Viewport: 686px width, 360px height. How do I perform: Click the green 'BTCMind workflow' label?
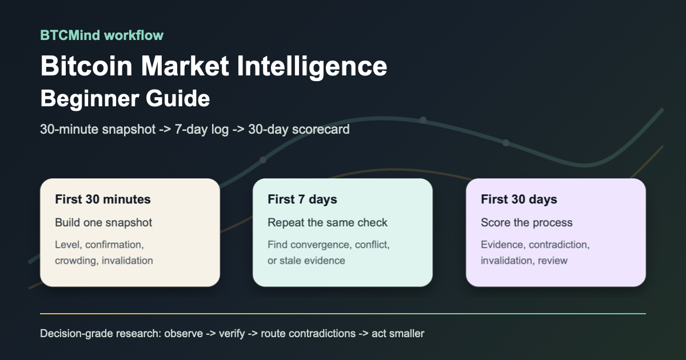point(102,35)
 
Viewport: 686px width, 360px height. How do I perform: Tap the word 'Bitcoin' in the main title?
point(86,66)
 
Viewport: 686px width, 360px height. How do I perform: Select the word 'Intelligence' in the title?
point(312,67)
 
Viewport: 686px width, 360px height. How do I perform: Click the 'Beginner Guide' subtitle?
point(125,98)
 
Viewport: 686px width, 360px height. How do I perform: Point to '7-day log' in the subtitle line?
point(201,129)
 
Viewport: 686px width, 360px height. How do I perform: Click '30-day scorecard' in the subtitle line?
point(299,129)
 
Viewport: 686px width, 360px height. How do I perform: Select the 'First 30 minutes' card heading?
point(103,199)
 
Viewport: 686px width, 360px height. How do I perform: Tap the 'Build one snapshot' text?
point(103,222)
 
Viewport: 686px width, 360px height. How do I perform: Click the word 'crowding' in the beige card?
point(77,261)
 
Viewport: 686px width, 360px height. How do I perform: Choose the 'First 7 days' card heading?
point(302,199)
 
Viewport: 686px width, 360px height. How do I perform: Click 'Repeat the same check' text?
point(328,222)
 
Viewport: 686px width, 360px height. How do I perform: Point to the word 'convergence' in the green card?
point(321,245)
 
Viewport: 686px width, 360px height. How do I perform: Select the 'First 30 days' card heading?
point(519,199)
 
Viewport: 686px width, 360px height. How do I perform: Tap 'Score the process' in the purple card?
point(527,222)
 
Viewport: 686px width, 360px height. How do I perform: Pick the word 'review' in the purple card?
point(553,261)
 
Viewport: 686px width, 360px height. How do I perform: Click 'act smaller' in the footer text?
point(398,333)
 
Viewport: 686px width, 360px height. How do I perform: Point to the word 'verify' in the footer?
point(232,334)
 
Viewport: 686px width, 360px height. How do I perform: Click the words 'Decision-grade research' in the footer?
point(101,334)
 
